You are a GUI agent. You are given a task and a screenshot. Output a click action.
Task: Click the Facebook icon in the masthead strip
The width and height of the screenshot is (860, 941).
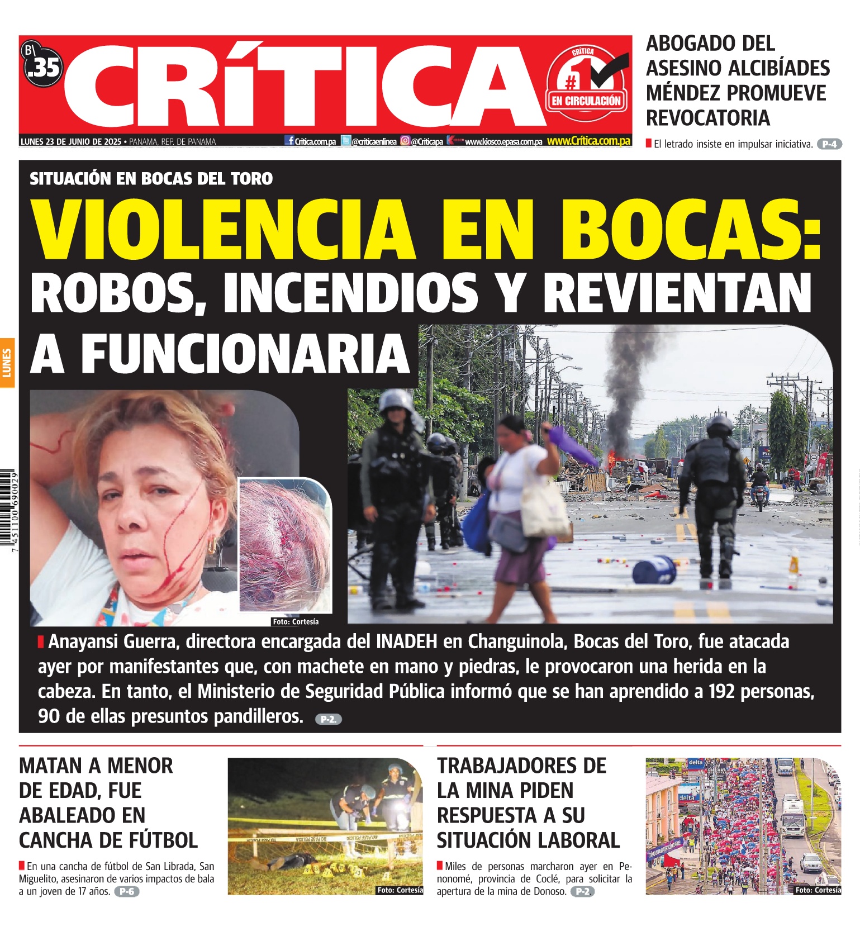pyautogui.click(x=289, y=141)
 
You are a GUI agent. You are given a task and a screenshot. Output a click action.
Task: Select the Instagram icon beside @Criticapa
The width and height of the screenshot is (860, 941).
pyautogui.click(x=405, y=141)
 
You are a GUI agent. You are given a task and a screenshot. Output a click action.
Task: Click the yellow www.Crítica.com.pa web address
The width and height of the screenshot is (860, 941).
pyautogui.click(x=588, y=141)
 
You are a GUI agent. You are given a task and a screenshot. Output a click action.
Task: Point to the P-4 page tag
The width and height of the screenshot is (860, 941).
pyautogui.click(x=829, y=144)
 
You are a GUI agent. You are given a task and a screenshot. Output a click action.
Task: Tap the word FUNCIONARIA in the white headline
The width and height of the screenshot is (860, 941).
pyautogui.click(x=246, y=354)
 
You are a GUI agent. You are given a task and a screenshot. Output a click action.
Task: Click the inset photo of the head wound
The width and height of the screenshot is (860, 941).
pyautogui.click(x=285, y=545)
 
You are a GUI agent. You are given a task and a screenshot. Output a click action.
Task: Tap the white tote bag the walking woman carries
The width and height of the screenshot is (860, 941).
pyautogui.click(x=545, y=511)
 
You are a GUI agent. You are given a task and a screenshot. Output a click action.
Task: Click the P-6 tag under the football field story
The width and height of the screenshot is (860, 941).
pyautogui.click(x=127, y=891)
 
